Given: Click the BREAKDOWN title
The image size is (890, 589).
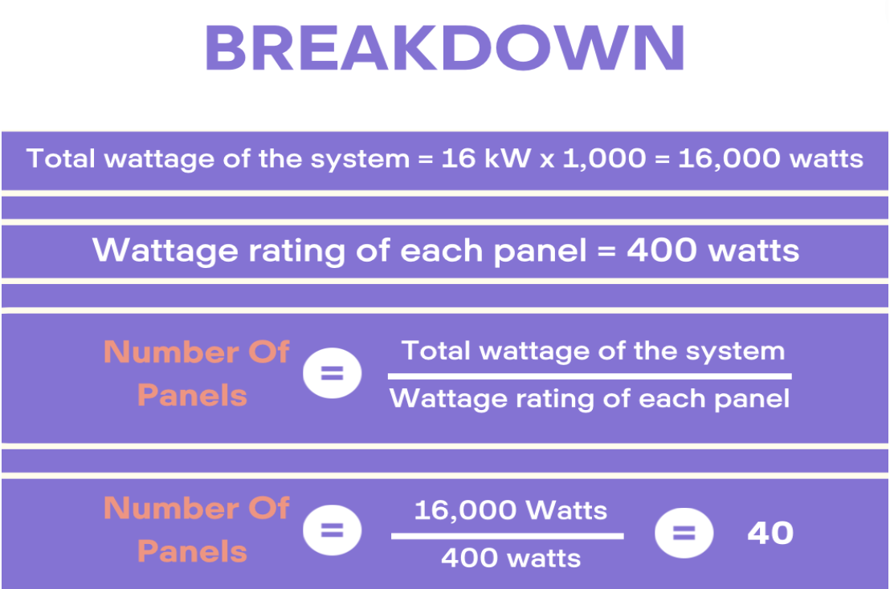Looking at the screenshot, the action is [x=445, y=48].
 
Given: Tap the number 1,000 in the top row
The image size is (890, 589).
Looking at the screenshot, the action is [x=605, y=159].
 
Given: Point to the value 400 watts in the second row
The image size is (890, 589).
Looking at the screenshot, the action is [x=713, y=250].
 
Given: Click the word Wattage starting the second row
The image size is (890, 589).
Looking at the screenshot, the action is [x=165, y=251].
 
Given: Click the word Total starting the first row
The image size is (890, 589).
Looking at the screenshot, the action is [x=60, y=158].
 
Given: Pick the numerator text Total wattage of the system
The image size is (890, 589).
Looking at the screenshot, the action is [x=593, y=351].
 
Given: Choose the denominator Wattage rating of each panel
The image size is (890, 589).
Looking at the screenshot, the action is [x=589, y=399].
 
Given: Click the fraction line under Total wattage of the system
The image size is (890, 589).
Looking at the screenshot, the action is [x=590, y=376].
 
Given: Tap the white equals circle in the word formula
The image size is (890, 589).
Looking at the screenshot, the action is [x=332, y=373].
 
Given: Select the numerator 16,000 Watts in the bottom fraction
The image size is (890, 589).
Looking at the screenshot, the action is [x=511, y=510].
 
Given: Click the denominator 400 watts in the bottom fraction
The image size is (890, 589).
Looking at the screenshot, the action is [x=511, y=559].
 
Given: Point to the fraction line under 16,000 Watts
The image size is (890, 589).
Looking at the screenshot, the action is [x=508, y=536].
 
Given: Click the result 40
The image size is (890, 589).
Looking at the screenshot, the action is [x=770, y=534].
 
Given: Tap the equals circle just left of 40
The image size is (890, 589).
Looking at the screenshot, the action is [x=684, y=533].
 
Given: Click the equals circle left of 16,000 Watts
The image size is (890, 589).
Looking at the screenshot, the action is [x=332, y=530].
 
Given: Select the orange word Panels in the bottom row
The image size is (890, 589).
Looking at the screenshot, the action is [x=193, y=551].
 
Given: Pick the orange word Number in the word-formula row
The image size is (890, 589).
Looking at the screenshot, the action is [x=171, y=352].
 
